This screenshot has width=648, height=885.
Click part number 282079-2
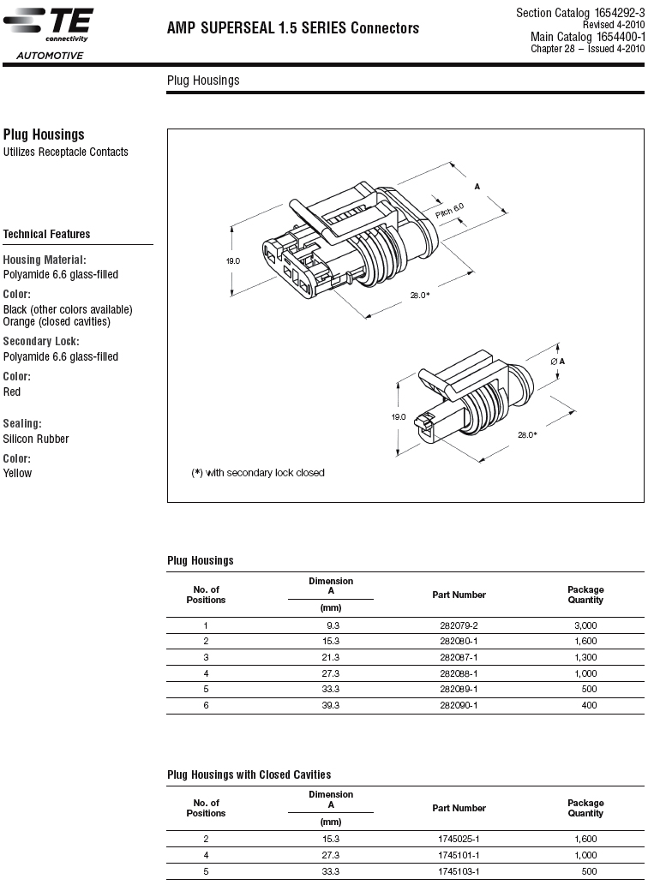pyautogui.click(x=459, y=625)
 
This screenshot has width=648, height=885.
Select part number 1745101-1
pyautogui.click(x=459, y=855)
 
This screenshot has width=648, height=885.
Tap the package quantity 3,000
pyautogui.click(x=585, y=625)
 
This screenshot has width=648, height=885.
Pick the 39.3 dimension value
pyautogui.click(x=331, y=705)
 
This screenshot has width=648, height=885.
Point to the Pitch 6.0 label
pyautogui.click(x=449, y=208)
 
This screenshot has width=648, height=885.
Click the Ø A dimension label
pyautogui.click(x=557, y=361)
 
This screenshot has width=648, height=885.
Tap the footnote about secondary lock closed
pyautogui.click(x=258, y=473)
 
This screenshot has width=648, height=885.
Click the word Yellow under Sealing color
pyautogui.click(x=17, y=474)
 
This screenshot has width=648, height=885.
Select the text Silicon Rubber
pyautogui.click(x=36, y=440)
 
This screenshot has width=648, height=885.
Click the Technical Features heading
pyautogui.click(x=46, y=234)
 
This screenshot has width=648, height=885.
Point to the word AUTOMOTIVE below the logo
pyautogui.click(x=50, y=57)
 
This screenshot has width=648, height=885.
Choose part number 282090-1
pyautogui.click(x=459, y=705)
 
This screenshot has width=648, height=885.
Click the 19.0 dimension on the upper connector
pyautogui.click(x=233, y=260)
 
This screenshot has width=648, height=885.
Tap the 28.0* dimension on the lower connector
pyautogui.click(x=527, y=434)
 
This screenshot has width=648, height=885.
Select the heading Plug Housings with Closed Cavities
pyautogui.click(x=249, y=774)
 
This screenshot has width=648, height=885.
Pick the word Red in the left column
pyautogui.click(x=12, y=392)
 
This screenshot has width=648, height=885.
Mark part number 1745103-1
pyautogui.click(x=459, y=870)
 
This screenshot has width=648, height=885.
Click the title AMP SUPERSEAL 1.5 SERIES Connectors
pyautogui.click(x=293, y=28)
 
